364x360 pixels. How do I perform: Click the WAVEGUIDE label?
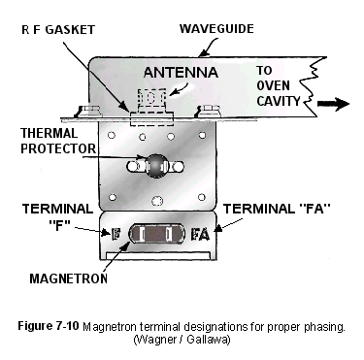[216, 29]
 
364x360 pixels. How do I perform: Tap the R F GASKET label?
[58, 30]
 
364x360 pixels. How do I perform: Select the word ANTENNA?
[181, 72]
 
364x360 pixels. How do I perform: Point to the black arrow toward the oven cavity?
[333, 104]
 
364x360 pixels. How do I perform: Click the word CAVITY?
[279, 101]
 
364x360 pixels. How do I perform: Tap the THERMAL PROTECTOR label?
[58, 141]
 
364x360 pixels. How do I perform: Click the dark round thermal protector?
[156, 166]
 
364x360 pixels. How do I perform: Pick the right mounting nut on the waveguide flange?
[209, 111]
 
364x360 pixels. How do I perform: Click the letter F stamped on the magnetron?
[116, 234]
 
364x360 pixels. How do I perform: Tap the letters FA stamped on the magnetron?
[200, 235]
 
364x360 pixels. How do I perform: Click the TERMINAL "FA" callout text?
[277, 209]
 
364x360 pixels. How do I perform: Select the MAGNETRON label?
[68, 278]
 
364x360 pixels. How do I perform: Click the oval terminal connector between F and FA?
[157, 234]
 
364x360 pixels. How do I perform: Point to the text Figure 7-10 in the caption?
[49, 326]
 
